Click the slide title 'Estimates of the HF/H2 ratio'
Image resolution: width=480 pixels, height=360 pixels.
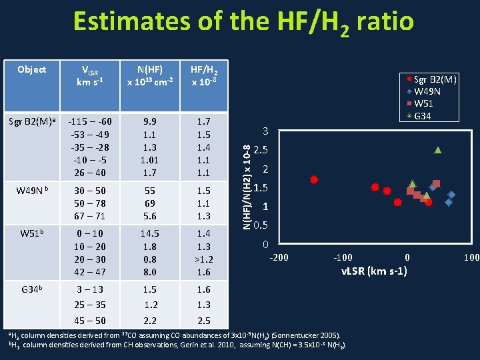[x=243, y=23]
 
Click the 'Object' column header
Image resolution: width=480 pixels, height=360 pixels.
[x=32, y=69]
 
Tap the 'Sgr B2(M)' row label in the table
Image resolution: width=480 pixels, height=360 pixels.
[x=31, y=121]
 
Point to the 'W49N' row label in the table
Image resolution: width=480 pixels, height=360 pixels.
[x=32, y=190]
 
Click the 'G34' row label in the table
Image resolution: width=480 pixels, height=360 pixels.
[x=32, y=289]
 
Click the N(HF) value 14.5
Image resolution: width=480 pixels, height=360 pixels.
[x=151, y=233]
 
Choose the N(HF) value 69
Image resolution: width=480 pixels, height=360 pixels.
[x=151, y=203]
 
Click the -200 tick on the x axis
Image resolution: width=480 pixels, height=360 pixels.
[x=278, y=257]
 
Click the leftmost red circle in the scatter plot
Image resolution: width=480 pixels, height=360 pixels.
[x=314, y=179]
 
